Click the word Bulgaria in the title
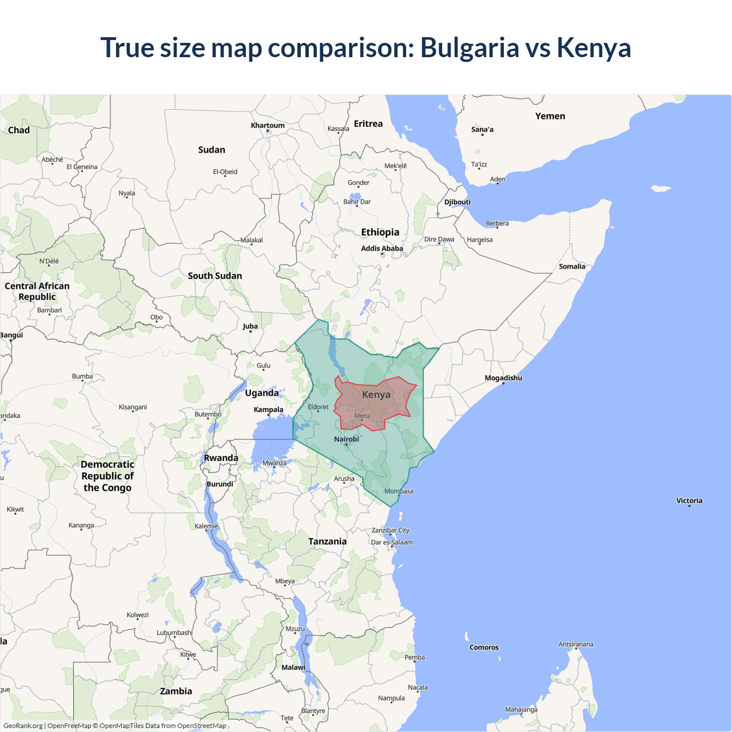[469, 48]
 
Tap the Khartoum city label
[268, 125]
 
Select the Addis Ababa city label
[382, 248]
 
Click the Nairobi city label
[347, 439]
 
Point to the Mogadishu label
[503, 378]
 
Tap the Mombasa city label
[399, 491]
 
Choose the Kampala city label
[268, 409]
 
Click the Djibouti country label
[457, 202]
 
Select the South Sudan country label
[215, 276]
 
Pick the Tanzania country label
[327, 542]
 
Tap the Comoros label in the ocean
[484, 647]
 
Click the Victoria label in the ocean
[689, 500]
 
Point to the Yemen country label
[550, 116]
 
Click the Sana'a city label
[482, 129]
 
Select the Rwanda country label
[221, 458]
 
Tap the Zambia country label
[176, 691]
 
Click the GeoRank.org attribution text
[23, 726]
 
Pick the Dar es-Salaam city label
[392, 542]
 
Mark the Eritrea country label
[368, 124]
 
